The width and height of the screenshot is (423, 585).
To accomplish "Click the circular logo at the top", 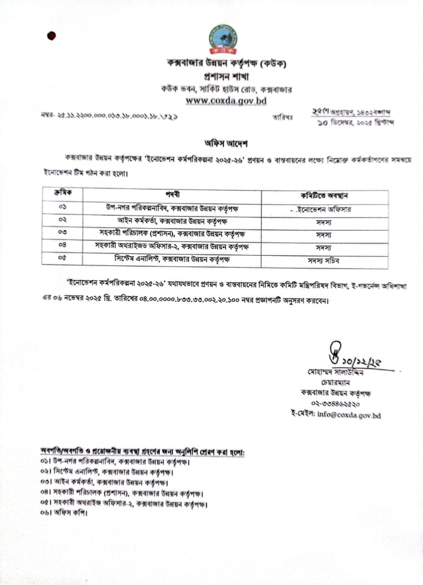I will pos(222,39).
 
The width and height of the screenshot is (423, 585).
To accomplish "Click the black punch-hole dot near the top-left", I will pos(52,36).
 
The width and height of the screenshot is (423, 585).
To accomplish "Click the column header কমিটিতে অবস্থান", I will pos(324,196).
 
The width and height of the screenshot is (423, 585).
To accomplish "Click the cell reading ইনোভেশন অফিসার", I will pos(325,210).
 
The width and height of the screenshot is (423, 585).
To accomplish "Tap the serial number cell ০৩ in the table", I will pos(61,233).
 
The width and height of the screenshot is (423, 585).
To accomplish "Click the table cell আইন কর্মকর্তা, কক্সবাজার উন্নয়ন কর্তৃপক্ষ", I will pos(172,221).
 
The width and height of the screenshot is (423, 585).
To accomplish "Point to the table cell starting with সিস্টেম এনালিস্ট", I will pos(172,259).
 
